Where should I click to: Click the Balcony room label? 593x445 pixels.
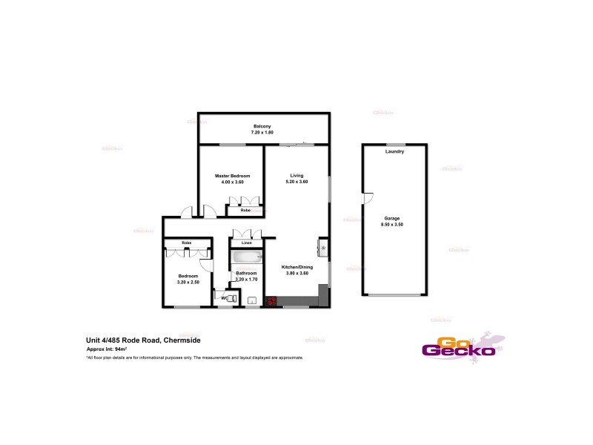click(x=262, y=127)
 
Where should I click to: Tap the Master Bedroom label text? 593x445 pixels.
click(x=229, y=176)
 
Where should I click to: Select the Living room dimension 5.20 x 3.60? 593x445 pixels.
click(x=296, y=182)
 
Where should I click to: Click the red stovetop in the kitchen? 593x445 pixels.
click(x=271, y=301)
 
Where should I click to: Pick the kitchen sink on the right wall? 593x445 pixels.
click(x=323, y=245)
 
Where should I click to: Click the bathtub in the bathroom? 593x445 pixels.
click(x=246, y=258)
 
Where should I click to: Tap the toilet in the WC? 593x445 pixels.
click(x=231, y=298)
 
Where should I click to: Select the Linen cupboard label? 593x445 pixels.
click(x=246, y=243)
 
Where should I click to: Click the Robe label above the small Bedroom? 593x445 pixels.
click(x=187, y=243)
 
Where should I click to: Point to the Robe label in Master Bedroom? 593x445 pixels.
click(x=245, y=211)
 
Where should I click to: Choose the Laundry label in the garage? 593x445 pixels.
click(x=394, y=152)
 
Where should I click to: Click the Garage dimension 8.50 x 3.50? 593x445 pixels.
click(x=392, y=224)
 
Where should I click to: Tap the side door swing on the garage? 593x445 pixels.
click(x=367, y=198)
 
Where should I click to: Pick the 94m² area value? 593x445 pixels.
click(x=121, y=349)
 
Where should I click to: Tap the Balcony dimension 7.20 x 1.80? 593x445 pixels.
click(x=262, y=133)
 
